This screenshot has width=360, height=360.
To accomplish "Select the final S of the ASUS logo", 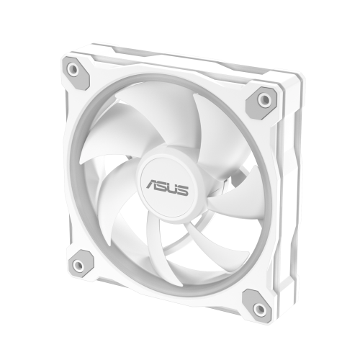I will (186, 190).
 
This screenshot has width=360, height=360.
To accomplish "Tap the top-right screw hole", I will (264, 98).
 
